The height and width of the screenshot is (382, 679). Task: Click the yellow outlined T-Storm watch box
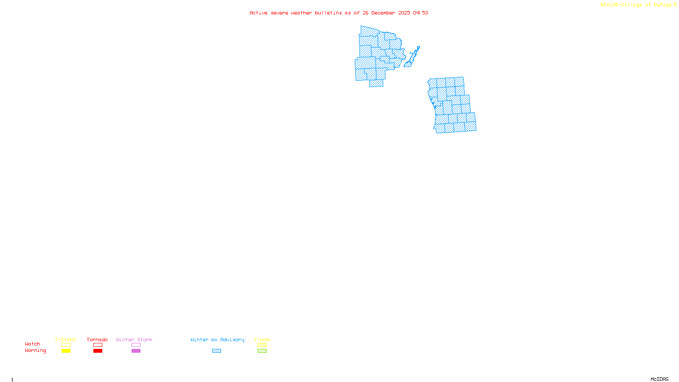pos(66,345)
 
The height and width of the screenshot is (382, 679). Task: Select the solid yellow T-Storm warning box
pos(66,351)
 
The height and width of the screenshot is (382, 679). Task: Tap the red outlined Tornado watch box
pos(98,345)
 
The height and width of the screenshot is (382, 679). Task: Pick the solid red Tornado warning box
pos(98,351)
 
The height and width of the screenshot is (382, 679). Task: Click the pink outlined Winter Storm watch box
pos(136,345)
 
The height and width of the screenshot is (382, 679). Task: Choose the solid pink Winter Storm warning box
pos(136,351)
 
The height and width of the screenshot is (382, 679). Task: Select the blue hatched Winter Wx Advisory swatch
pos(216,351)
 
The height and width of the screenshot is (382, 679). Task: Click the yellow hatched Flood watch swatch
pos(262,345)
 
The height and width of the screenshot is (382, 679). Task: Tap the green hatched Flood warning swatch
pos(262,351)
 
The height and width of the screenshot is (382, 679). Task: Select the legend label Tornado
pos(97,340)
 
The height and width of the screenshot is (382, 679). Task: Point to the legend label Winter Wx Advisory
pos(217,340)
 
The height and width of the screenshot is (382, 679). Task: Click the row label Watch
pos(33,344)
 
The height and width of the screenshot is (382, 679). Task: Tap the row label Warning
pos(35,351)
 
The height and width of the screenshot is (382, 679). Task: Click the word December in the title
pos(383,13)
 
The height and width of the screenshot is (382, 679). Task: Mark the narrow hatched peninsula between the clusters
pos(412,58)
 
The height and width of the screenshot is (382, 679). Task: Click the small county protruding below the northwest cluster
pos(376,84)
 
